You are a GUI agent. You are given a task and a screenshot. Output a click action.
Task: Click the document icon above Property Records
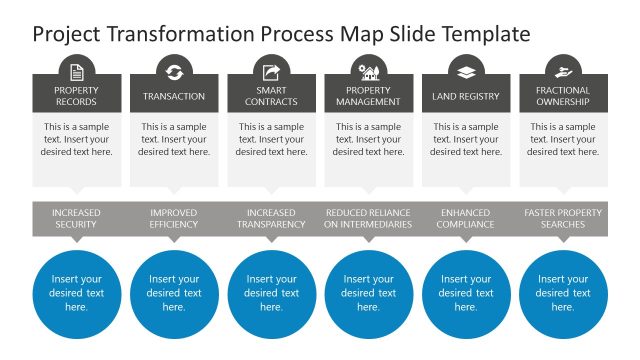(x=77, y=71)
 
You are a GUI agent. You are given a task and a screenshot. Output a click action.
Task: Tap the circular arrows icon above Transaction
(x=174, y=71)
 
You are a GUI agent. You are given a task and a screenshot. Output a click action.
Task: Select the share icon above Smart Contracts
(x=271, y=71)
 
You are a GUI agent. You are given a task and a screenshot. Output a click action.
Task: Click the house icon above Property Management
(x=368, y=71)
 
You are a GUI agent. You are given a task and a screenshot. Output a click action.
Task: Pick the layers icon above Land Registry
(x=466, y=71)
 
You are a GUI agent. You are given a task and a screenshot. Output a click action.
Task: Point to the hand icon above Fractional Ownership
(x=563, y=71)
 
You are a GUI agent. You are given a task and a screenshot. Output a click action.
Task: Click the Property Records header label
(x=77, y=96)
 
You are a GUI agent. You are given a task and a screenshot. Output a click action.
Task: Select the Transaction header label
(x=174, y=96)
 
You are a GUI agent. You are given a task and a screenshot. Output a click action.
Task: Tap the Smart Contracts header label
(x=271, y=96)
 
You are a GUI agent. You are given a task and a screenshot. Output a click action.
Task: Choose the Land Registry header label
(x=466, y=96)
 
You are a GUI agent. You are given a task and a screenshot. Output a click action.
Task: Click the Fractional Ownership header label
(x=563, y=96)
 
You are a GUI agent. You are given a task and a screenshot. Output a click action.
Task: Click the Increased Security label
(x=77, y=218)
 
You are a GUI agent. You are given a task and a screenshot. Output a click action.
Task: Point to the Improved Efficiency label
(x=174, y=218)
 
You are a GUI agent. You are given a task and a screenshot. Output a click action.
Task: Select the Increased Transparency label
(x=271, y=218)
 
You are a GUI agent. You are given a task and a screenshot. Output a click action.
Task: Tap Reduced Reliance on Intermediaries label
(x=368, y=218)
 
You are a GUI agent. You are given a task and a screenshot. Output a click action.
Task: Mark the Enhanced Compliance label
(x=466, y=218)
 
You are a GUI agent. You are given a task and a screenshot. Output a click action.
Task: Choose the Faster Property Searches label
(x=563, y=218)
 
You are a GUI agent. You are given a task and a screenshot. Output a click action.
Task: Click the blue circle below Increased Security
(x=77, y=294)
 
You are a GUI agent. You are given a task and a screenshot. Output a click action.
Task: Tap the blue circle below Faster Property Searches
(x=563, y=294)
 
